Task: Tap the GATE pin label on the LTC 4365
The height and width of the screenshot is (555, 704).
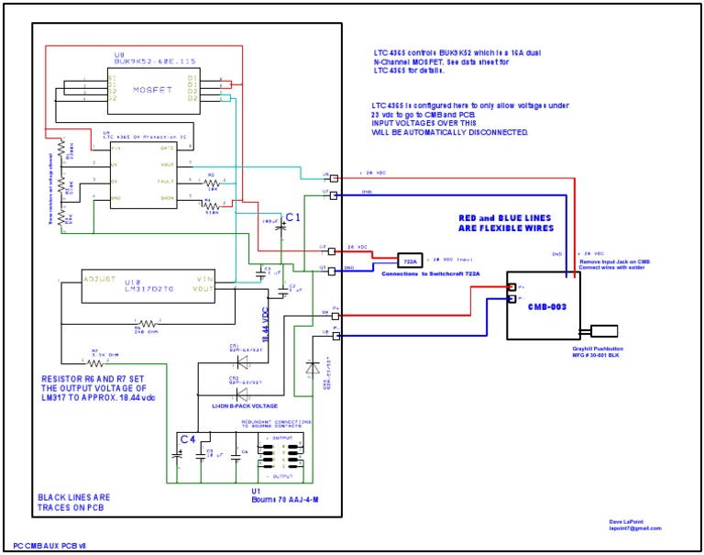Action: tap(167, 147)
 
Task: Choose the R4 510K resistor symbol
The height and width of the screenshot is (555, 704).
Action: tap(211, 207)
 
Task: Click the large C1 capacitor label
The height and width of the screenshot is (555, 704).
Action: tap(293, 216)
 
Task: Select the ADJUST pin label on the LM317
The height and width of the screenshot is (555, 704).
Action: tap(100, 278)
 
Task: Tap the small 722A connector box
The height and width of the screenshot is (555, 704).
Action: tap(409, 260)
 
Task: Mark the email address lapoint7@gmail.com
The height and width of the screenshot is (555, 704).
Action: tap(635, 528)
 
